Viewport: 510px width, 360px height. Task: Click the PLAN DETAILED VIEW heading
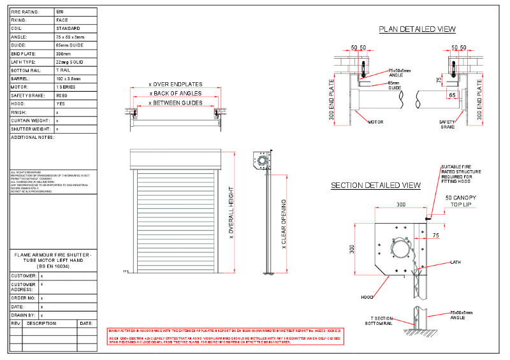pos(417,29)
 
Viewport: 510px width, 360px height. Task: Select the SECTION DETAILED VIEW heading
pos(375,185)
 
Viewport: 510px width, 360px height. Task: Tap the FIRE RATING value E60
pos(60,12)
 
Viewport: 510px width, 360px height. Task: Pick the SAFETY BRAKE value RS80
pos(62,95)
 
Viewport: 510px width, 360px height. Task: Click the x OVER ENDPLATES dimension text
pos(175,84)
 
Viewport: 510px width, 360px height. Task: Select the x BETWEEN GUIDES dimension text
pos(175,103)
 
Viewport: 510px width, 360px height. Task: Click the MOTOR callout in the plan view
pos(376,121)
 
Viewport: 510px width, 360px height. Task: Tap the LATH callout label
pos(455,262)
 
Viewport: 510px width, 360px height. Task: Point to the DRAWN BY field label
pos(24,315)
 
